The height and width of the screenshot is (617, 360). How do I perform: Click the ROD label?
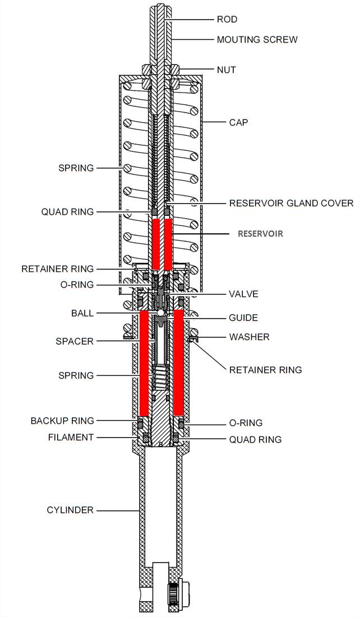pos(227,20)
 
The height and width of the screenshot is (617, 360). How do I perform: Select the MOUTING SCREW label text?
pos(257,40)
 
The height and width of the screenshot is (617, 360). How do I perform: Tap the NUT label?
pos(227,70)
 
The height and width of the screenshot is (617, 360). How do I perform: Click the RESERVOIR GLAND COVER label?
pos(291,203)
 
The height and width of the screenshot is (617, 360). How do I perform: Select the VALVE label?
pos(242,294)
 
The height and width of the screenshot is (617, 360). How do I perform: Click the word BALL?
pos(82,312)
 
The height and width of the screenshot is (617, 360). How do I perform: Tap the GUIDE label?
pos(243,318)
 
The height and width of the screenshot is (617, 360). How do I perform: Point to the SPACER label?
pos(76,341)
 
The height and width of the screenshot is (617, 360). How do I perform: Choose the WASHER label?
pos(249,337)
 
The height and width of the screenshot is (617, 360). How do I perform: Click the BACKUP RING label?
pos(62,421)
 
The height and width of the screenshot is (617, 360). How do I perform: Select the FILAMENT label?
pos(70,438)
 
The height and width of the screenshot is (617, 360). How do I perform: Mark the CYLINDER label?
pos(70,510)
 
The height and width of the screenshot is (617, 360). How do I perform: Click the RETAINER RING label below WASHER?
pos(265,370)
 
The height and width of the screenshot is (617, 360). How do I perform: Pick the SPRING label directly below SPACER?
pos(76,375)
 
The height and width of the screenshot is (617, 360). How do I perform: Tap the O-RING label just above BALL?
pos(77,285)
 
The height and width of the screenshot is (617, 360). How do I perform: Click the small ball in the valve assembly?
pos(160,312)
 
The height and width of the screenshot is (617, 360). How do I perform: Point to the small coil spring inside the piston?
pos(161,375)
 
